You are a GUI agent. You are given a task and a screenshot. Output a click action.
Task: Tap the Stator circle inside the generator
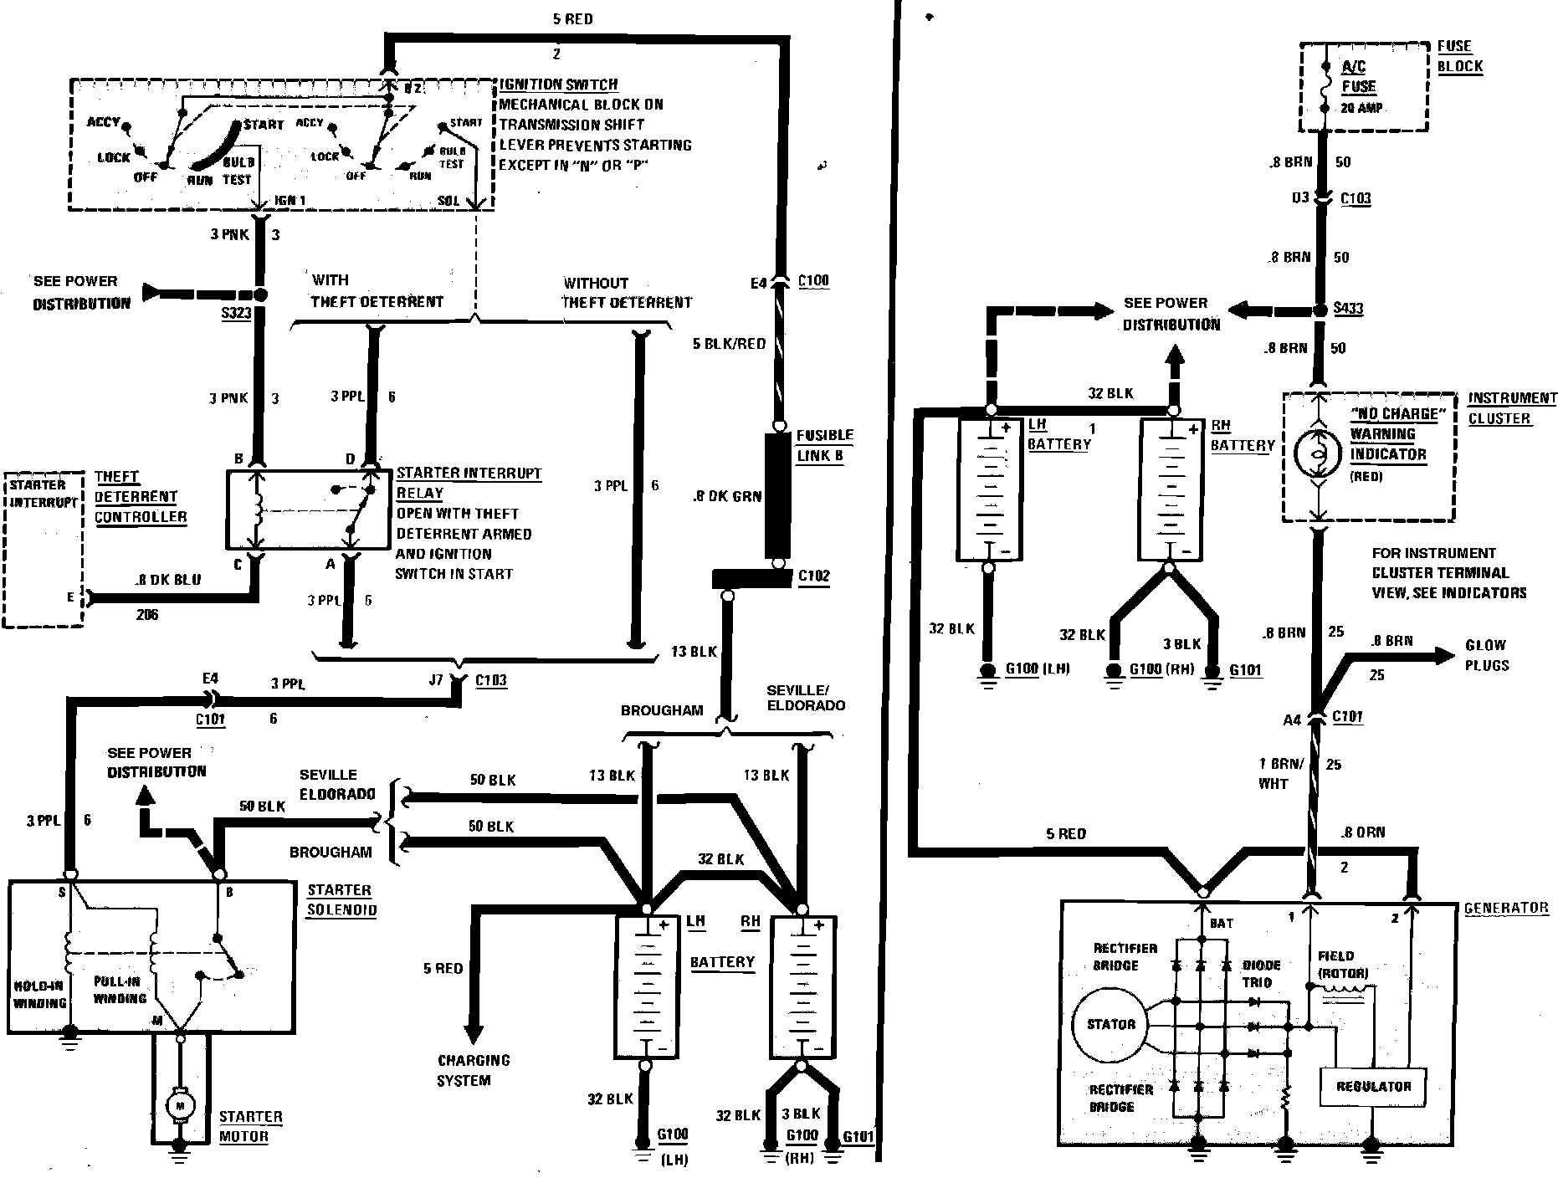[x=1110, y=1024]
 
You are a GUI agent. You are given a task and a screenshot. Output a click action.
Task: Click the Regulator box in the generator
[x=1373, y=1086]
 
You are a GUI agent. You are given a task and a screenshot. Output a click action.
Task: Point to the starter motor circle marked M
[x=179, y=1106]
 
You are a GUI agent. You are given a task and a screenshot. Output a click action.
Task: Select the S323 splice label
[x=238, y=315]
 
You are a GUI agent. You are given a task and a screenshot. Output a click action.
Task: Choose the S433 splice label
[x=1348, y=309]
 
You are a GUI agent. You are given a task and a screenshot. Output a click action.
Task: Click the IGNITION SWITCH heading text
[x=558, y=85]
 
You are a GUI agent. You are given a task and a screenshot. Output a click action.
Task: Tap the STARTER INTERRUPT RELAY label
[x=469, y=483]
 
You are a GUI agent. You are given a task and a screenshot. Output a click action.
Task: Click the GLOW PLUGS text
[x=1487, y=655]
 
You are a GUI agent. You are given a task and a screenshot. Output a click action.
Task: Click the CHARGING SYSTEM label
[x=474, y=1070]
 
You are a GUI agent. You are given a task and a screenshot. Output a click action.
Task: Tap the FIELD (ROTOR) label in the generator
[x=1342, y=964]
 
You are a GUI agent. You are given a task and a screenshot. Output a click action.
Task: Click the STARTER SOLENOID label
[x=341, y=899]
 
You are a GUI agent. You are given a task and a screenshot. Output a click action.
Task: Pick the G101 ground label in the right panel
[x=1245, y=669]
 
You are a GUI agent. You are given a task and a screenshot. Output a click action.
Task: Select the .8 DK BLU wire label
[x=167, y=580]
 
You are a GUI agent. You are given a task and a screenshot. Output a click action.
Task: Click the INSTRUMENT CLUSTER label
[x=1512, y=408]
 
